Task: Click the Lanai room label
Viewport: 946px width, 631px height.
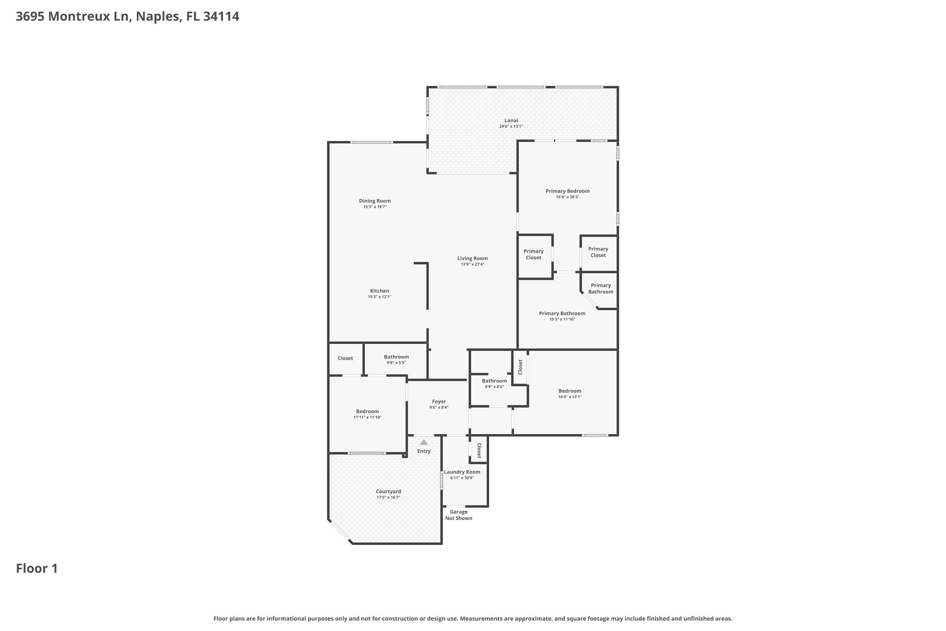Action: click(x=511, y=120)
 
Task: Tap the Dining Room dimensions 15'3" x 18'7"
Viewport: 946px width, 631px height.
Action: click(x=375, y=207)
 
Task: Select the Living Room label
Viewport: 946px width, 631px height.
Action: click(x=472, y=258)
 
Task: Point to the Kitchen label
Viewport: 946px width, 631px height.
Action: click(x=379, y=291)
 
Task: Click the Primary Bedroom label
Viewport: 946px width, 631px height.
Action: click(x=567, y=191)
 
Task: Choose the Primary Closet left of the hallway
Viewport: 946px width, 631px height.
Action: click(x=534, y=254)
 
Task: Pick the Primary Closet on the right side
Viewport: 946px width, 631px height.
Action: click(x=598, y=252)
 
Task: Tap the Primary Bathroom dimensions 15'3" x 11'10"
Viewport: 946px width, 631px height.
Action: click(x=562, y=319)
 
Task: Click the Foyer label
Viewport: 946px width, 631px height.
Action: click(x=439, y=402)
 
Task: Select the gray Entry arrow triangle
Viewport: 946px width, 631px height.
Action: click(x=424, y=442)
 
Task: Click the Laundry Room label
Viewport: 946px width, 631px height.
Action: click(x=462, y=472)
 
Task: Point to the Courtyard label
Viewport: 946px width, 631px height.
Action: click(x=388, y=491)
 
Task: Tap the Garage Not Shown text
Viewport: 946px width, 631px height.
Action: click(x=458, y=515)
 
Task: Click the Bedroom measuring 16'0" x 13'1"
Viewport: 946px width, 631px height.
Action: click(x=570, y=391)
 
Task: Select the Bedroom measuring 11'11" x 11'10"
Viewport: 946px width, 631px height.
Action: click(x=367, y=411)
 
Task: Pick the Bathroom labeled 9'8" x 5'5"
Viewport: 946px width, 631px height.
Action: click(x=396, y=357)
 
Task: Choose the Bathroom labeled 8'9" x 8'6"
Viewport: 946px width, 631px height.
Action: click(x=494, y=381)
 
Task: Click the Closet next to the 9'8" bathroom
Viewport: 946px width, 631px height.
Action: click(x=345, y=358)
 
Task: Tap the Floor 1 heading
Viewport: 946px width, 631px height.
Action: click(x=37, y=569)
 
